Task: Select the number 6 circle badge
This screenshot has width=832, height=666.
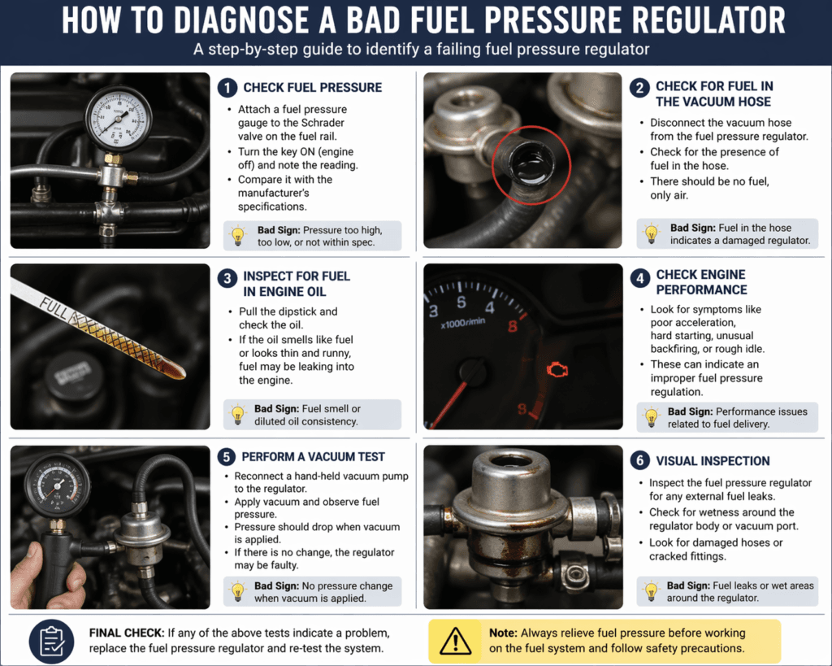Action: tap(639, 460)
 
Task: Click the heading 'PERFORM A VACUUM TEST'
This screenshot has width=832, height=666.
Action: tap(313, 457)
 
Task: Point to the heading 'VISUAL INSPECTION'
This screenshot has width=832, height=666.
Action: tap(713, 460)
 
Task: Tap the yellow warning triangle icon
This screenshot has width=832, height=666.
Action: tap(455, 640)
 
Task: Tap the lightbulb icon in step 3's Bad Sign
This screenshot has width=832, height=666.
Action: tap(238, 414)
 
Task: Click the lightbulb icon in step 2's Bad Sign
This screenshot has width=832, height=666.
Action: tap(651, 234)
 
